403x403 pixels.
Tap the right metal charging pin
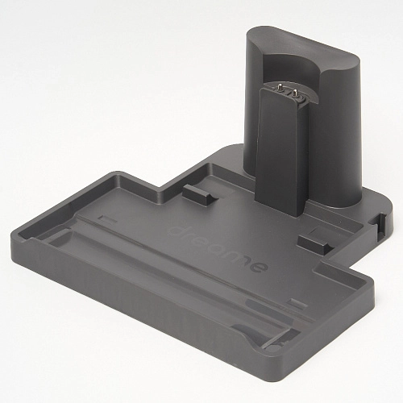[x=295, y=94]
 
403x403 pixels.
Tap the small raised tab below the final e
[x=297, y=304]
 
